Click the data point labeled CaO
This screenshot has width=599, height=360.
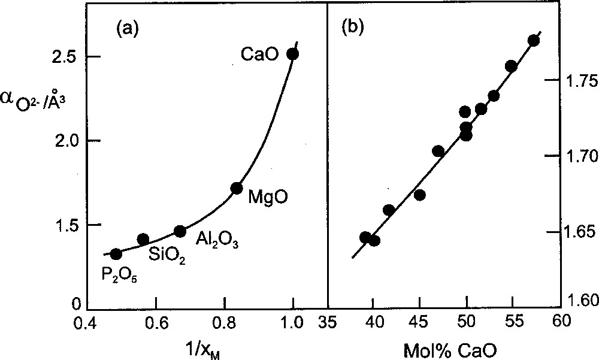[292, 54]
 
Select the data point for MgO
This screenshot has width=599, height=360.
[237, 189]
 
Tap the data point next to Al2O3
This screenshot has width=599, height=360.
[180, 231]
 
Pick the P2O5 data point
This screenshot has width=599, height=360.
[116, 254]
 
